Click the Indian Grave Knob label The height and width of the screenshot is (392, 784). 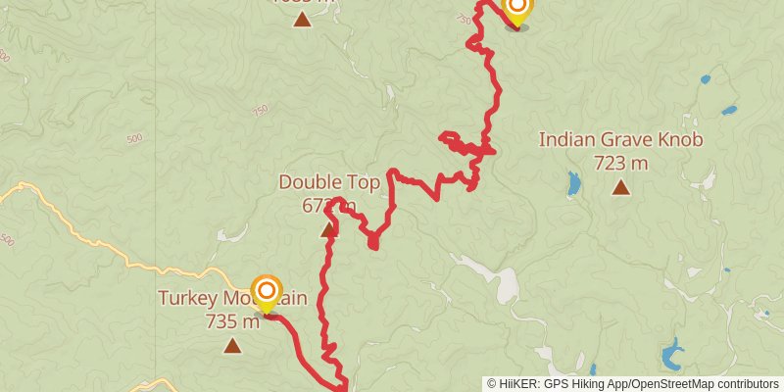(620, 140)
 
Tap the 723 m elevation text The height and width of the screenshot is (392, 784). (620, 162)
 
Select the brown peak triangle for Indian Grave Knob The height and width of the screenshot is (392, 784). (620, 187)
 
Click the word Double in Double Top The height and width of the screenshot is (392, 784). (308, 181)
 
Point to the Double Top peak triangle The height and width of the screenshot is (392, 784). (328, 230)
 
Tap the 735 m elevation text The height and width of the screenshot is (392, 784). (231, 320)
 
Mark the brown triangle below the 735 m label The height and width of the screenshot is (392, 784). (232, 345)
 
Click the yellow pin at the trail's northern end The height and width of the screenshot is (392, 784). (516, 10)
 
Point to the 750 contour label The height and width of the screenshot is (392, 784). (260, 111)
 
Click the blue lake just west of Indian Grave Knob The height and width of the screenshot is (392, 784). (573, 183)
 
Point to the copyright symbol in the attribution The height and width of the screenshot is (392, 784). (492, 384)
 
